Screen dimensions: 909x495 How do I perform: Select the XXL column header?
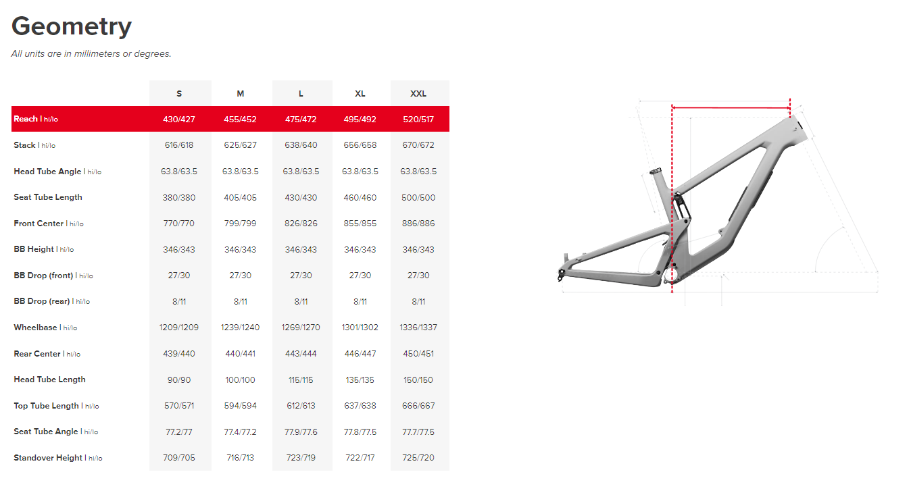pyautogui.click(x=418, y=94)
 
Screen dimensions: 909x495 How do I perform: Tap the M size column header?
pyautogui.click(x=240, y=94)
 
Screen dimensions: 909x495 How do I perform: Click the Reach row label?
pyautogui.click(x=36, y=119)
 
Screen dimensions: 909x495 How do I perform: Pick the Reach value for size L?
pyautogui.click(x=301, y=119)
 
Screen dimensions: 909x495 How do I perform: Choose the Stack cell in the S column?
pyautogui.click(x=179, y=145)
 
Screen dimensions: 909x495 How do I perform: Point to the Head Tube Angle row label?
pyautogui.click(x=57, y=172)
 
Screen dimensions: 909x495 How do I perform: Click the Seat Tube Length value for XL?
pyautogui.click(x=360, y=197)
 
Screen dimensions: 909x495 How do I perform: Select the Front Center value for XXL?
pyautogui.click(x=418, y=224)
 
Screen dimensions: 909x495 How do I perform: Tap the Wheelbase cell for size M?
pyautogui.click(x=240, y=327)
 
